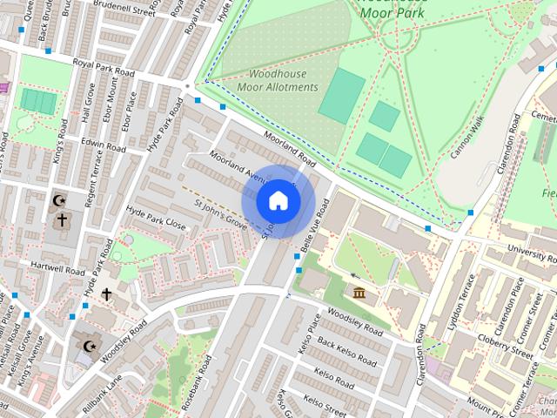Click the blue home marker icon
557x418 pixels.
coord(278,201)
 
